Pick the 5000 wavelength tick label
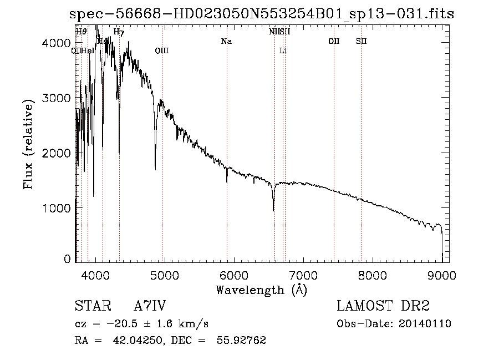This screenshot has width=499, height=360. pos(165,275)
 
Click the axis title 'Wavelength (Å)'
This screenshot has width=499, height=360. pos(261,289)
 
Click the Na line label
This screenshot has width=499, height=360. pos(226,41)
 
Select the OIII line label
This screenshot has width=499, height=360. pos(161,51)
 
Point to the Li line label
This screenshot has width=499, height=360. pos(283,51)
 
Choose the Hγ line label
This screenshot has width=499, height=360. pos(119,32)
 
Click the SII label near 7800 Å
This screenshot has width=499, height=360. pos(361,41)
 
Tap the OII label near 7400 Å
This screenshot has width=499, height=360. pos(334,41)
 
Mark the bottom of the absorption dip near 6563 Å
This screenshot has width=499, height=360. pos(273,210)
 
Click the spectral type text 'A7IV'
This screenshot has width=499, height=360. pos(150,307)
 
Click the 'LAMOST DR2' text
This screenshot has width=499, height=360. pos(383,307)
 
